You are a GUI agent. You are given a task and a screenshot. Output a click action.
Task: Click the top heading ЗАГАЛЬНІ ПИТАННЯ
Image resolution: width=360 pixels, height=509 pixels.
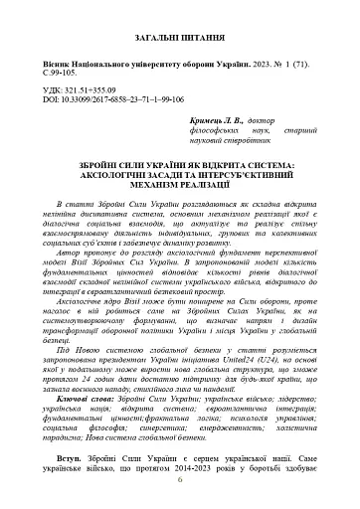pos(179,37)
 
